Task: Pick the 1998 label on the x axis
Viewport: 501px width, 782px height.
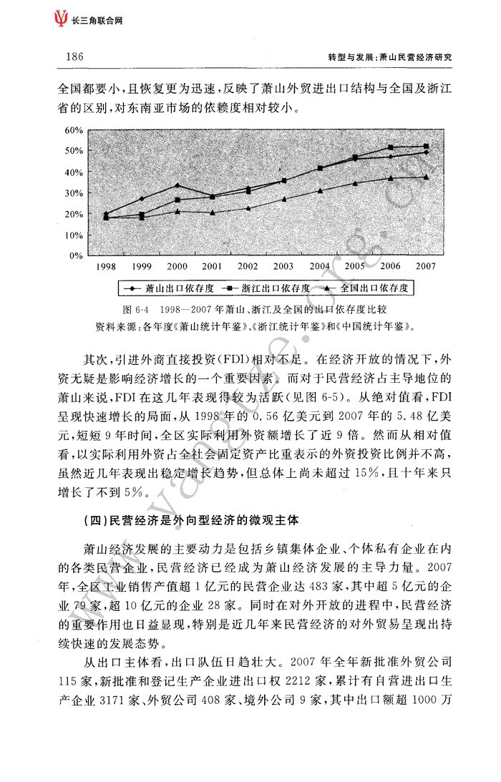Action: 106,266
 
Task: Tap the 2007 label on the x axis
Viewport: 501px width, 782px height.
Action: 426,266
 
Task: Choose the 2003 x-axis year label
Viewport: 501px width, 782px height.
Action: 283,266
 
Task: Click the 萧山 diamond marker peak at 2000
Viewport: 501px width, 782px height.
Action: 177,185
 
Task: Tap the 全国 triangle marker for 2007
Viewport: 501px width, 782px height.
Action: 426,177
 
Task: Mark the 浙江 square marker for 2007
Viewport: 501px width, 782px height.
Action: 426,146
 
